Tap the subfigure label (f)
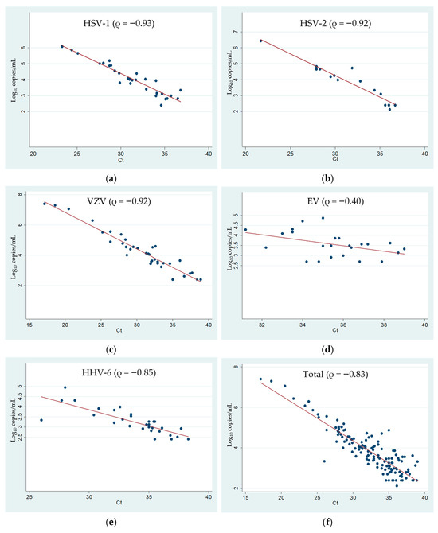pos(328,517)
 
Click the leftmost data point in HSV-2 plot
pos(260,41)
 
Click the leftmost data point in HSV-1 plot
pos(62,46)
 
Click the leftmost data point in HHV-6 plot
pos(41,420)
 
